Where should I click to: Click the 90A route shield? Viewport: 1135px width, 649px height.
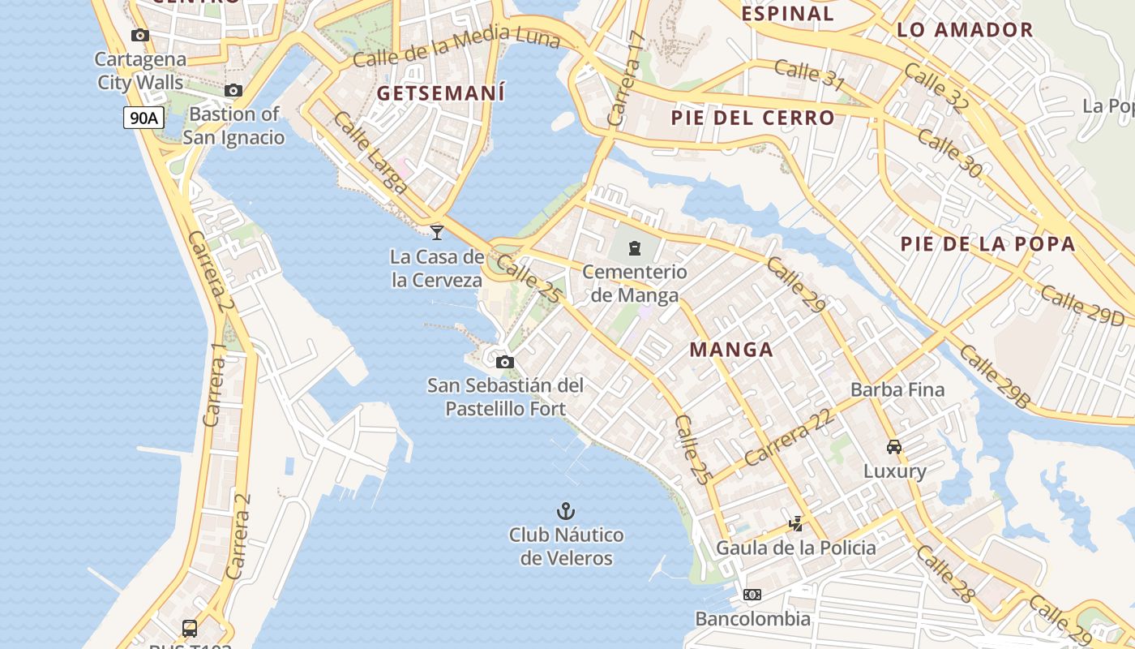coord(143,118)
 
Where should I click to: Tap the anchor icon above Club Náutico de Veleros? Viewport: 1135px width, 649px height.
coord(566,511)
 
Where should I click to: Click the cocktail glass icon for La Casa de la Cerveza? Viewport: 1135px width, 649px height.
coord(437,233)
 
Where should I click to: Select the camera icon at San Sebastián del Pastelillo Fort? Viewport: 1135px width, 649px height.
coord(504,362)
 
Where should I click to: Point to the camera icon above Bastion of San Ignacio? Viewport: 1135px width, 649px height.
coord(233,90)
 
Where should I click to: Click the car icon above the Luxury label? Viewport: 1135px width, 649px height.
coord(894,447)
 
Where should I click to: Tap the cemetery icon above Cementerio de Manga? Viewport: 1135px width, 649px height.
coord(635,248)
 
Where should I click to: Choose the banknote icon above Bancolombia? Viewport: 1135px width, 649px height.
coord(752,595)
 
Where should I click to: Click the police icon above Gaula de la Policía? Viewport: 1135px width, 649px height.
coord(795,524)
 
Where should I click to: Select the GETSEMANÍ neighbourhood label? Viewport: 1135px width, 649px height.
coord(441,93)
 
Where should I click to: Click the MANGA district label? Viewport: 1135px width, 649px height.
coord(731,350)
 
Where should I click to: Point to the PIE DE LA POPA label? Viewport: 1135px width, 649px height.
coord(988,243)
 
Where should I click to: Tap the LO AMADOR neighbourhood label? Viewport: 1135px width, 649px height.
coord(965,31)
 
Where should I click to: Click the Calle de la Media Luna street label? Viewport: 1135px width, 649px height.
coord(456,46)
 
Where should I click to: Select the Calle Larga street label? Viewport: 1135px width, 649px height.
coord(370,153)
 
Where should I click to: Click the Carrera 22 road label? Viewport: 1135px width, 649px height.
coord(788,437)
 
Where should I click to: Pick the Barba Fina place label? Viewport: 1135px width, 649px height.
coord(897,389)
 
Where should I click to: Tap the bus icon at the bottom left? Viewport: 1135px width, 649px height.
coord(190,628)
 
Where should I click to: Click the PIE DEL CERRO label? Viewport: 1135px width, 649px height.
coord(752,118)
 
